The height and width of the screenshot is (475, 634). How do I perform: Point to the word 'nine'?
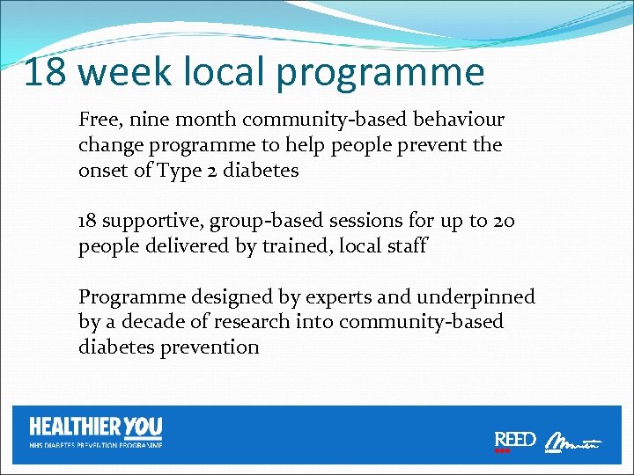click(149, 119)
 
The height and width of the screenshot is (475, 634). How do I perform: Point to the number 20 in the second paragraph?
click(505, 221)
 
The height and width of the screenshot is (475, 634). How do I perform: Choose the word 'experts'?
click(328, 297)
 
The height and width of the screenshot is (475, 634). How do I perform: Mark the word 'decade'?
click(151, 322)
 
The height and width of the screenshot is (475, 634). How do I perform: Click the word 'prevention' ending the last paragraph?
click(210, 347)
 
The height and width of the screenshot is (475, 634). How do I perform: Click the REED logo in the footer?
click(514, 441)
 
